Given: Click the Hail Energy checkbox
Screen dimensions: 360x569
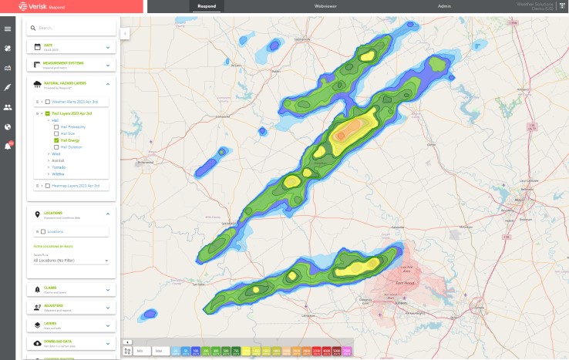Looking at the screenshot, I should click(56, 140).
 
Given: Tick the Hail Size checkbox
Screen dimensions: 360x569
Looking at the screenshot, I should click(56, 133).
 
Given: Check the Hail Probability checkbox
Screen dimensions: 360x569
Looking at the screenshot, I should click(56, 126).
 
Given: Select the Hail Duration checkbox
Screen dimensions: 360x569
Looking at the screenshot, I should click(56, 147).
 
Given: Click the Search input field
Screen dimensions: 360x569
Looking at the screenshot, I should click(73, 28).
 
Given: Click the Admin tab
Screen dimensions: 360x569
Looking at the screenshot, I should click(444, 6).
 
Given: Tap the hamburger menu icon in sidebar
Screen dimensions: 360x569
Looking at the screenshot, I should click(8, 29).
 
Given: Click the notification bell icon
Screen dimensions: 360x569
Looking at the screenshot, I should click(8, 146).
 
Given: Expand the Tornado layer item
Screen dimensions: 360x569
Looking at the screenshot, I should click(58, 167).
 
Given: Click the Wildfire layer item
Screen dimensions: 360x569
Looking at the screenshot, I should click(58, 174).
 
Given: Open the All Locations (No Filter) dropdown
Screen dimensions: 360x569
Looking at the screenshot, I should click(72, 261).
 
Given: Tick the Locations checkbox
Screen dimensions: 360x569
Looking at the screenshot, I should click(43, 231).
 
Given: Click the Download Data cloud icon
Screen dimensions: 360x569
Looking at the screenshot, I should click(37, 342).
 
